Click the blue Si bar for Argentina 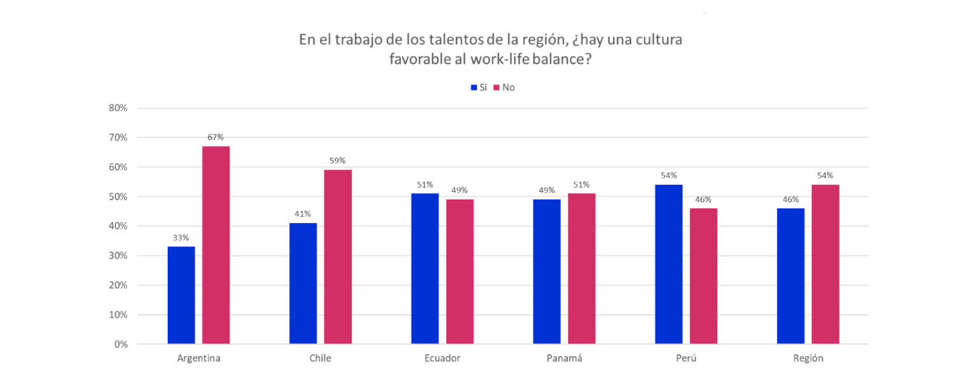181,295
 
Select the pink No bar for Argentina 216,245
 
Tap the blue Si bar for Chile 303,283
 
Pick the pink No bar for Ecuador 460,272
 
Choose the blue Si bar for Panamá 547,272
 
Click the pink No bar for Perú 703,276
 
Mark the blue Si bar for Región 790,276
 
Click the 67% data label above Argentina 216,137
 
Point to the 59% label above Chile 338,160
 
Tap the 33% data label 181,238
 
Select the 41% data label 303,214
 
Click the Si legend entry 479,88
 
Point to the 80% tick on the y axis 119,108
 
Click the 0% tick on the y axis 121,344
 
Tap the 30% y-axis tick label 119,256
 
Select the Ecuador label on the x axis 442,358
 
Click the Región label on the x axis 808,358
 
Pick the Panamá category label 564,358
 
